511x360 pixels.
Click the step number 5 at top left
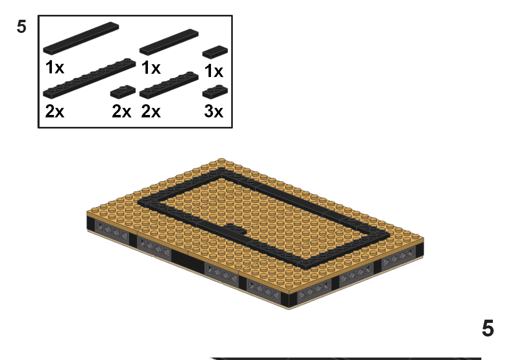click(21, 27)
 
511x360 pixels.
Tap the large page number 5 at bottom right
click(488, 329)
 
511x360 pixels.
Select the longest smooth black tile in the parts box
click(81, 38)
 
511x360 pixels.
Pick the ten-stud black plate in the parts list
click(89, 78)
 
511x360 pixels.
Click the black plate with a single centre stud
click(123, 91)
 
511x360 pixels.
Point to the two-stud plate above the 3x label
click(215, 92)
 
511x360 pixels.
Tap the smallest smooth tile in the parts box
click(215, 51)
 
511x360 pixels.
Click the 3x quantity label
click(213, 111)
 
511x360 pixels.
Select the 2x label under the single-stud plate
click(122, 111)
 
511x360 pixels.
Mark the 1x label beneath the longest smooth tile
click(55, 68)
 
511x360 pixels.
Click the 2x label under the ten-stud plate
click(55, 111)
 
